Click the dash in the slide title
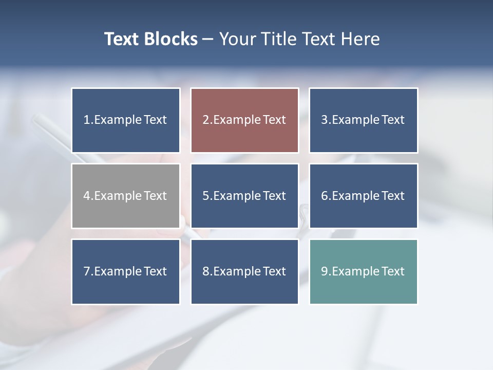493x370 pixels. click(x=208, y=40)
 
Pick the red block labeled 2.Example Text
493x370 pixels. click(x=244, y=120)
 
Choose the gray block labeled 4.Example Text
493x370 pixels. click(x=126, y=196)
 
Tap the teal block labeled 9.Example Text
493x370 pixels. click(x=363, y=271)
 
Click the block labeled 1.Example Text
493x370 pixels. click(x=126, y=120)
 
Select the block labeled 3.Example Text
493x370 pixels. click(x=363, y=120)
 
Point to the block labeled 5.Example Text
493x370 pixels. click(x=244, y=196)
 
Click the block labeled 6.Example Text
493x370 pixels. click(x=363, y=196)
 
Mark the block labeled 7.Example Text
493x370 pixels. click(x=126, y=271)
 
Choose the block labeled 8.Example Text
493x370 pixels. click(x=244, y=271)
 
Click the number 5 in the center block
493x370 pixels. click(x=205, y=196)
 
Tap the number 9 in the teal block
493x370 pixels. click(x=325, y=271)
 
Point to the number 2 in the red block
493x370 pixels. click(x=205, y=120)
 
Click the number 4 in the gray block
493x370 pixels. click(x=87, y=196)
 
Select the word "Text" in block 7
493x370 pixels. click(x=155, y=271)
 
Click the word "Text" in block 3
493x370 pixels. click(x=393, y=120)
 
